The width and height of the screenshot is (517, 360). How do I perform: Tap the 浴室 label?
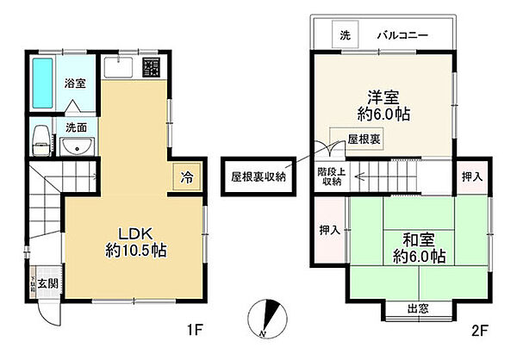(x=76, y=84)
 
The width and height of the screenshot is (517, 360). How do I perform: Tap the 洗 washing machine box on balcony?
(x=345, y=36)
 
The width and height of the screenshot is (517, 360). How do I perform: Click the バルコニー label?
(x=402, y=36)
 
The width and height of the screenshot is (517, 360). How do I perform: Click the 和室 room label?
(x=414, y=238)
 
